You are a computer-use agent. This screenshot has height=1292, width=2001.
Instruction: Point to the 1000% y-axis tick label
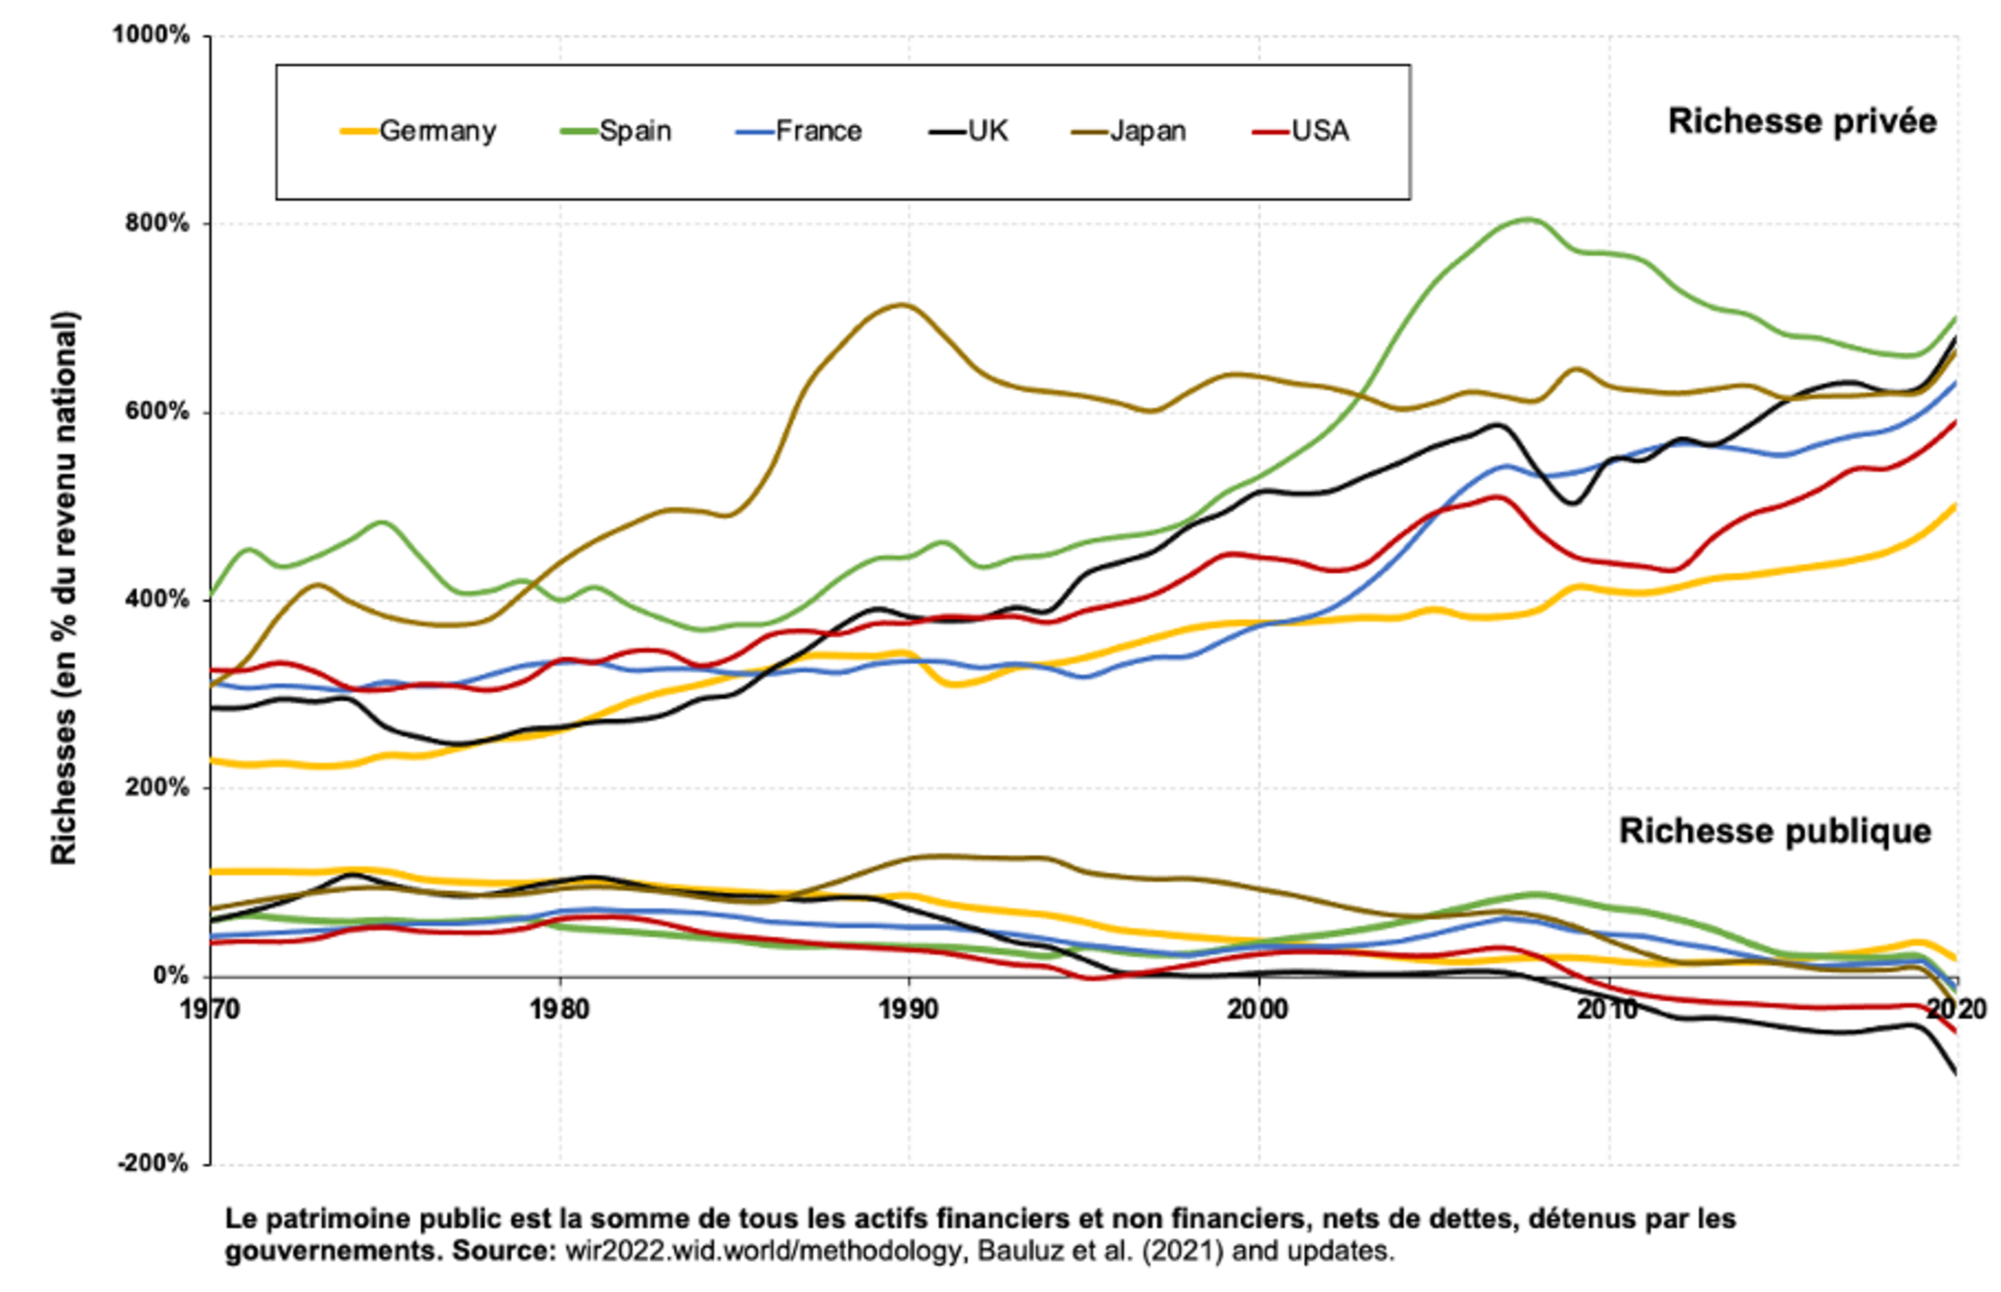click(151, 35)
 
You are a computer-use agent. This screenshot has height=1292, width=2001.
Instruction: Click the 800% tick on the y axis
click(156, 224)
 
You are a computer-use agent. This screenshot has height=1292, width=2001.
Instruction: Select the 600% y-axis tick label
click(156, 411)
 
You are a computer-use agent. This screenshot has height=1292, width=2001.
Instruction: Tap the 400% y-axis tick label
click(156, 600)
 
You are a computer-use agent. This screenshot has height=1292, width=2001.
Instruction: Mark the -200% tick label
click(153, 1163)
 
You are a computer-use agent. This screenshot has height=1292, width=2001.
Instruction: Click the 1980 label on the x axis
click(559, 1009)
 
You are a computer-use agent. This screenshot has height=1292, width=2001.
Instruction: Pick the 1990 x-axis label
click(908, 1009)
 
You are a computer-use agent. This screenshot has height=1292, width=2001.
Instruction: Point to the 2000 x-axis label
click(1258, 1009)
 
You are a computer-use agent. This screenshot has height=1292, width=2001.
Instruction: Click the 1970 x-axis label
click(210, 1009)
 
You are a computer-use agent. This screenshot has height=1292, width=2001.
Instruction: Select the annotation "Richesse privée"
click(1802, 121)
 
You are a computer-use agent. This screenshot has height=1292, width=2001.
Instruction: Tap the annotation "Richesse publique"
click(1775, 831)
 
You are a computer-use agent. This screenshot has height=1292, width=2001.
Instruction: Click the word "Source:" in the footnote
click(504, 1251)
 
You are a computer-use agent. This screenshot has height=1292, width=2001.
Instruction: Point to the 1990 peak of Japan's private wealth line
click(902, 305)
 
